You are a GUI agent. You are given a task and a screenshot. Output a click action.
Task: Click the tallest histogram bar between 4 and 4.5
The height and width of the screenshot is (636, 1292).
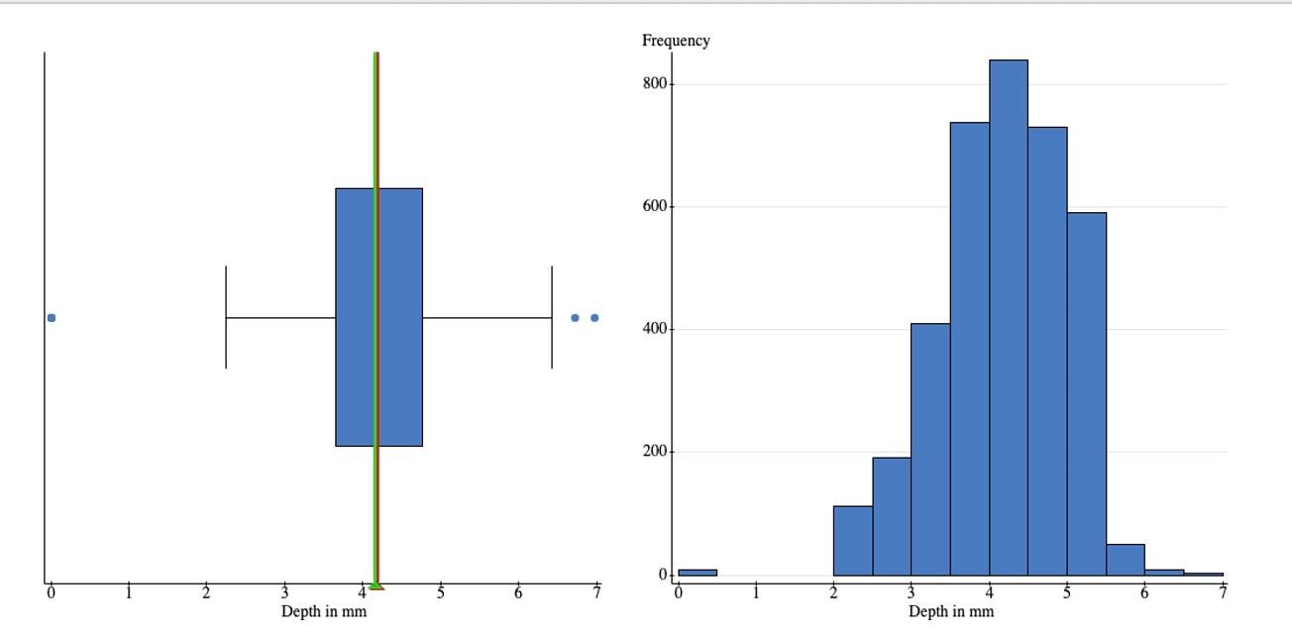click(x=1009, y=317)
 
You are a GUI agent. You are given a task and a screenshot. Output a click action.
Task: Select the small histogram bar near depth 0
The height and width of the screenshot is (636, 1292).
click(x=698, y=572)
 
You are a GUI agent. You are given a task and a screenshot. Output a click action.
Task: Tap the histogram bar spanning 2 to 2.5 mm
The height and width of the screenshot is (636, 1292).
click(x=852, y=541)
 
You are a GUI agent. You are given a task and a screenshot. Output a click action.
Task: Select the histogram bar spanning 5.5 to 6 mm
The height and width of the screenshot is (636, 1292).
click(x=1125, y=560)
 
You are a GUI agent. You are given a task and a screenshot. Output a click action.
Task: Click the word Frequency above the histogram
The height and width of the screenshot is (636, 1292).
click(x=676, y=41)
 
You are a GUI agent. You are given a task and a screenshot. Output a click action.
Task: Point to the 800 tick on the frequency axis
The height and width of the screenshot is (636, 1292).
click(x=654, y=84)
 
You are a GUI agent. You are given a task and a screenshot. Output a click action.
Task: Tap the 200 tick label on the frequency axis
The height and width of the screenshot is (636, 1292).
click(x=654, y=452)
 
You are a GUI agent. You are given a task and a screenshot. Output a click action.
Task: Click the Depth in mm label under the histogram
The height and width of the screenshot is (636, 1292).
click(x=950, y=611)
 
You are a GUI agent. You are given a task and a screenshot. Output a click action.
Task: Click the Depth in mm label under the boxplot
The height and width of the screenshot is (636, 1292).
click(x=324, y=611)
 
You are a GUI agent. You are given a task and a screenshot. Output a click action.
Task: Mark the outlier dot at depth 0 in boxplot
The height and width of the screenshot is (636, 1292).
click(x=52, y=318)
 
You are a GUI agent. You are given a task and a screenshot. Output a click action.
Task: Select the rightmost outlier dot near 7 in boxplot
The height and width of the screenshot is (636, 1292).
click(x=594, y=318)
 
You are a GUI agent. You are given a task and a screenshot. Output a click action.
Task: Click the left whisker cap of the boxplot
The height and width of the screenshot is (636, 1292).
click(x=226, y=317)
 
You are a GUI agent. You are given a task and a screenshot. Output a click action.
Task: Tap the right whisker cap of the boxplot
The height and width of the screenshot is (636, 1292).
click(x=552, y=317)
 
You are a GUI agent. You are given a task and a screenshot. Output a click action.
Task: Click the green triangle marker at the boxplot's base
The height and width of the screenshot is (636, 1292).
click(x=376, y=585)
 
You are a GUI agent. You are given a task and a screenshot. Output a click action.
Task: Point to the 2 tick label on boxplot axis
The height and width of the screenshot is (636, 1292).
click(x=207, y=593)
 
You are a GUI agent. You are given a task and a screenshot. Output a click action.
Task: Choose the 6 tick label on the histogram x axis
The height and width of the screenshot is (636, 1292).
click(x=1145, y=593)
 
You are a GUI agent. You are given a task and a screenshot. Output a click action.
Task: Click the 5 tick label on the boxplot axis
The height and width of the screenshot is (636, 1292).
click(x=441, y=593)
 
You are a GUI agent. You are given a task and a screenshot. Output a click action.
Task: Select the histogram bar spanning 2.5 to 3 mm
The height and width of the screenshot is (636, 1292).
click(x=892, y=516)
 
